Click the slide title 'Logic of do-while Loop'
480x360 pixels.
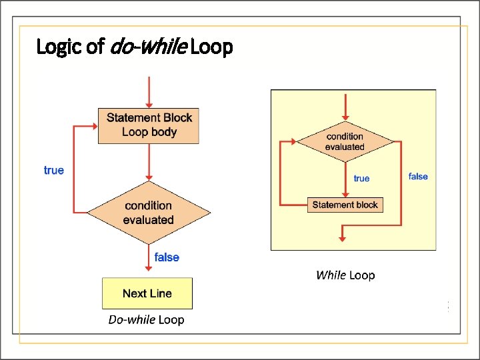click(134, 47)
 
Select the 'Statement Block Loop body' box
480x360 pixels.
click(149, 125)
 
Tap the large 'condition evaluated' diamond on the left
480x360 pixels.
click(149, 213)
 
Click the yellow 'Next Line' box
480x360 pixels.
click(147, 293)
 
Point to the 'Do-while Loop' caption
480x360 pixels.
click(146, 320)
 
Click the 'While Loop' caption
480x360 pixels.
click(345, 275)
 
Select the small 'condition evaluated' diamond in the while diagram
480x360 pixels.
click(345, 141)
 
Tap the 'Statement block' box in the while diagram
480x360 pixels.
click(345, 205)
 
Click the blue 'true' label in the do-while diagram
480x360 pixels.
click(54, 171)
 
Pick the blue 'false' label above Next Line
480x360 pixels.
click(167, 257)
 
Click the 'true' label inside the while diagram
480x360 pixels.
click(361, 179)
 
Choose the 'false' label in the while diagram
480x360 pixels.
click(418, 177)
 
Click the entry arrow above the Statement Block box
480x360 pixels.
click(149, 92)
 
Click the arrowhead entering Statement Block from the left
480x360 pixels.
click(93, 125)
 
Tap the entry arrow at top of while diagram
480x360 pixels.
click(345, 107)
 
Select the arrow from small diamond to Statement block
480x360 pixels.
click(345, 179)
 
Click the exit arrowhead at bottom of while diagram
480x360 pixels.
click(342, 235)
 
